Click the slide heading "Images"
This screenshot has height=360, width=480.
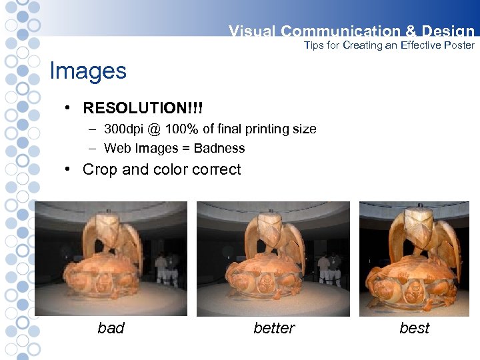[x=88, y=71]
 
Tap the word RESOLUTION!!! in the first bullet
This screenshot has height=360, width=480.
[x=143, y=108]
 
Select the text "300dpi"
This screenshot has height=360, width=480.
[x=125, y=129]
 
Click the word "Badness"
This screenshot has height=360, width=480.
[x=219, y=148]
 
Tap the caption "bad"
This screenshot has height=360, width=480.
[x=111, y=328]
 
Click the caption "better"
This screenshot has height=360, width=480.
[x=274, y=328]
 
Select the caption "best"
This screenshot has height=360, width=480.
[x=414, y=328]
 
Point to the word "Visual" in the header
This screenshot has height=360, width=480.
[x=252, y=31]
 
